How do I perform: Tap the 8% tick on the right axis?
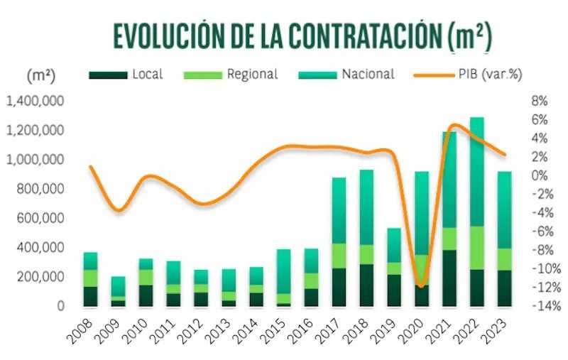pyautogui.click(x=539, y=101)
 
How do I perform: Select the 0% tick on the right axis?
pyautogui.click(x=539, y=175)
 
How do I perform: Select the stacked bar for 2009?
pyautogui.click(x=118, y=291)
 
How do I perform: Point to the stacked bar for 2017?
pyautogui.click(x=339, y=241)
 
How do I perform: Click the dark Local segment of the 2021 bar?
pyautogui.click(x=449, y=278)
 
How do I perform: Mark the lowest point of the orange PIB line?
pyautogui.click(x=422, y=286)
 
